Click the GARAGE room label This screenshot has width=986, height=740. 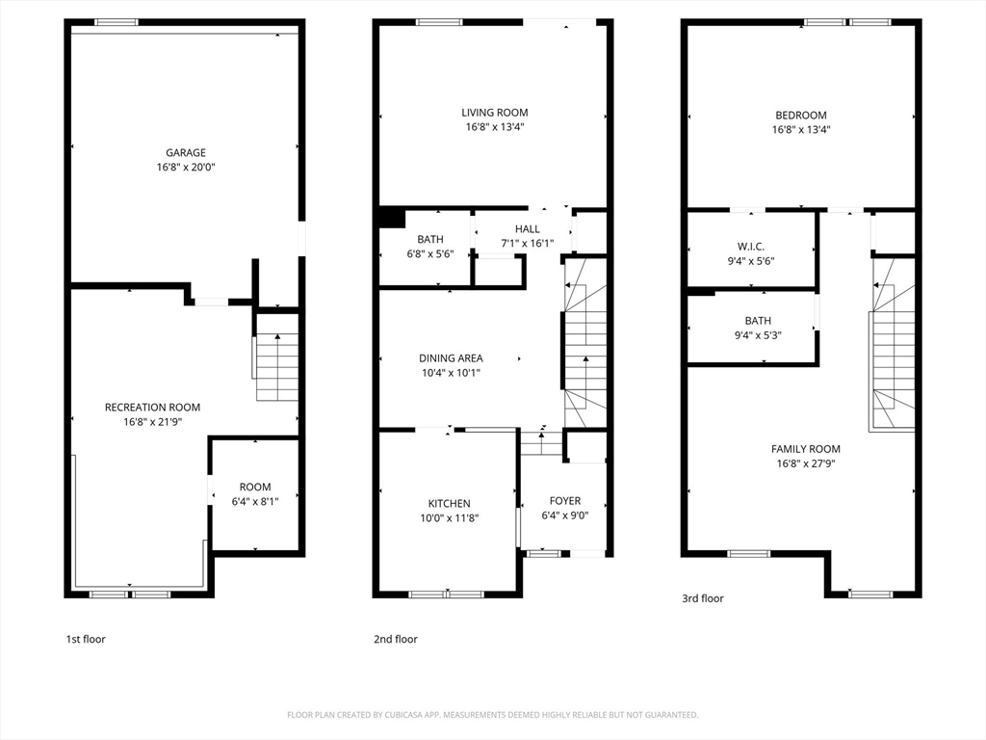[x=186, y=152]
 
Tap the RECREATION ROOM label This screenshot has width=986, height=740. [x=152, y=408]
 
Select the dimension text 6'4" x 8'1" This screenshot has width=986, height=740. [x=254, y=501]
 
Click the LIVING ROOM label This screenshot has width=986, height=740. [x=495, y=113]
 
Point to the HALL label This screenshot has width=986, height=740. [x=527, y=229]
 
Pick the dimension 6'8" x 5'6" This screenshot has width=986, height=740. [x=430, y=254]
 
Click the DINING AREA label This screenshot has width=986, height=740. [x=451, y=358]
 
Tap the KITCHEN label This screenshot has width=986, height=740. [x=449, y=503]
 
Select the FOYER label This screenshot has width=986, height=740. [x=564, y=501]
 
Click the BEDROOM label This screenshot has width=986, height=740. [x=800, y=116]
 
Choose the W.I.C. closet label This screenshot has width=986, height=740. [x=751, y=247]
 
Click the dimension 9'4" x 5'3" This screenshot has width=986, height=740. [x=758, y=335]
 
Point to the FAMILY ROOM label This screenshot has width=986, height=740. [x=806, y=449]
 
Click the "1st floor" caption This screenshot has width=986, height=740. [x=86, y=640]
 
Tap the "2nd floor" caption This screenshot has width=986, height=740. [x=396, y=640]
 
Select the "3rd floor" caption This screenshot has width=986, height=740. [x=702, y=598]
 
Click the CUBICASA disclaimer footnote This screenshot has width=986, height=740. [x=493, y=715]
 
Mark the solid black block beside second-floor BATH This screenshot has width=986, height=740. [x=391, y=218]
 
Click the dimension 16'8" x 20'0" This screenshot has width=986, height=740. [x=186, y=168]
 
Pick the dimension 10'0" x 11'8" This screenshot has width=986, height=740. [x=449, y=518]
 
